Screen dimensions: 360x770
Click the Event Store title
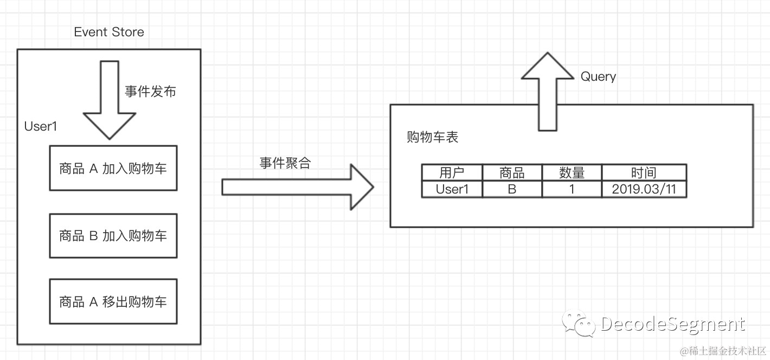[109, 32]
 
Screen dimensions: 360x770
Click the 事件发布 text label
[150, 92]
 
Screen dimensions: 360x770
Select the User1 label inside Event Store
[41, 126]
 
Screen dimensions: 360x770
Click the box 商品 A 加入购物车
[113, 168]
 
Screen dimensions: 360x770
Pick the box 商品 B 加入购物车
[113, 236]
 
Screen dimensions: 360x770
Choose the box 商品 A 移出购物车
[113, 301]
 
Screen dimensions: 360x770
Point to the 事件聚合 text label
[285, 163]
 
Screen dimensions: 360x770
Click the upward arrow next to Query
[547, 91]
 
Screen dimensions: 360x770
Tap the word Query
[598, 76]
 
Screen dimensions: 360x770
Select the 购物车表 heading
[432, 137]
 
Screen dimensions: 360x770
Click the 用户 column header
[452, 173]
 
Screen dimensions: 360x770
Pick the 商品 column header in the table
[512, 173]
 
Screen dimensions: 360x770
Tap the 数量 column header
[572, 173]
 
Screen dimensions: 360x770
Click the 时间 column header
[644, 173]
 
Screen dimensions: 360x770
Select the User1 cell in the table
[452, 189]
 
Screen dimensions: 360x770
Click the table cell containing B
[512, 189]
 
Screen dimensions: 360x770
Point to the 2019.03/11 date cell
[644, 189]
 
